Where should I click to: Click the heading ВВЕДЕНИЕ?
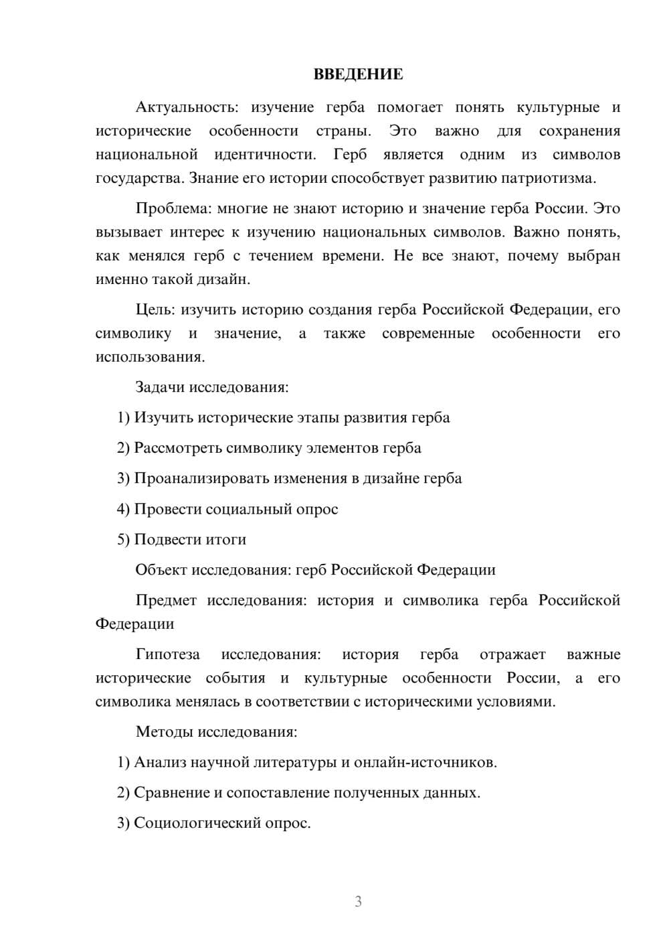358,74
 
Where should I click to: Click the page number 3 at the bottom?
358,901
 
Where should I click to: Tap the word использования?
150,357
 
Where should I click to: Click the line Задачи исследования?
212,387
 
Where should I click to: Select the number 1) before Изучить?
123,418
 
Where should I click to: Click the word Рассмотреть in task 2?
178,448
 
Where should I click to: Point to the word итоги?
226,540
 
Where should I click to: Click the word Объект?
161,570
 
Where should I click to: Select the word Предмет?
166,600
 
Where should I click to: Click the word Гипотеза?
168,654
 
